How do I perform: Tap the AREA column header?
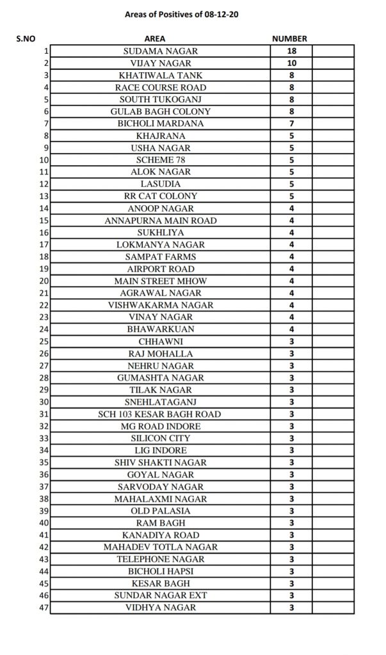[x=159, y=38]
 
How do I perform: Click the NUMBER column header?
[x=290, y=38]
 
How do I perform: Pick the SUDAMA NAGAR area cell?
[x=160, y=51]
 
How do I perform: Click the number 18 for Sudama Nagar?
[x=291, y=51]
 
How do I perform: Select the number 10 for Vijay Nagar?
[x=291, y=63]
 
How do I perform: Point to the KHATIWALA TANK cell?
[x=160, y=75]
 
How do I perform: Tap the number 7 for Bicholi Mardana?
[x=291, y=123]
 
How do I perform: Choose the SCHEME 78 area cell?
[x=160, y=159]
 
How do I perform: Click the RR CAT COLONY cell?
[x=160, y=196]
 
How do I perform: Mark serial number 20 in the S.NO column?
[x=44, y=281]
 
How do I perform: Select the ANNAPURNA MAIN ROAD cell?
[x=160, y=220]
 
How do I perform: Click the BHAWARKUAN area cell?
[x=160, y=329]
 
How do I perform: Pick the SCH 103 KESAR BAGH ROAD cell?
[x=160, y=414]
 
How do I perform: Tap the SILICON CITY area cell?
[x=160, y=438]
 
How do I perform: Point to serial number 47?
[x=44, y=608]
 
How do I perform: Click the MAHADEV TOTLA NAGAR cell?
[x=160, y=547]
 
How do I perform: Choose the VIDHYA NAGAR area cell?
[x=160, y=608]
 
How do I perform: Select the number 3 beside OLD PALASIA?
[x=291, y=510]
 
